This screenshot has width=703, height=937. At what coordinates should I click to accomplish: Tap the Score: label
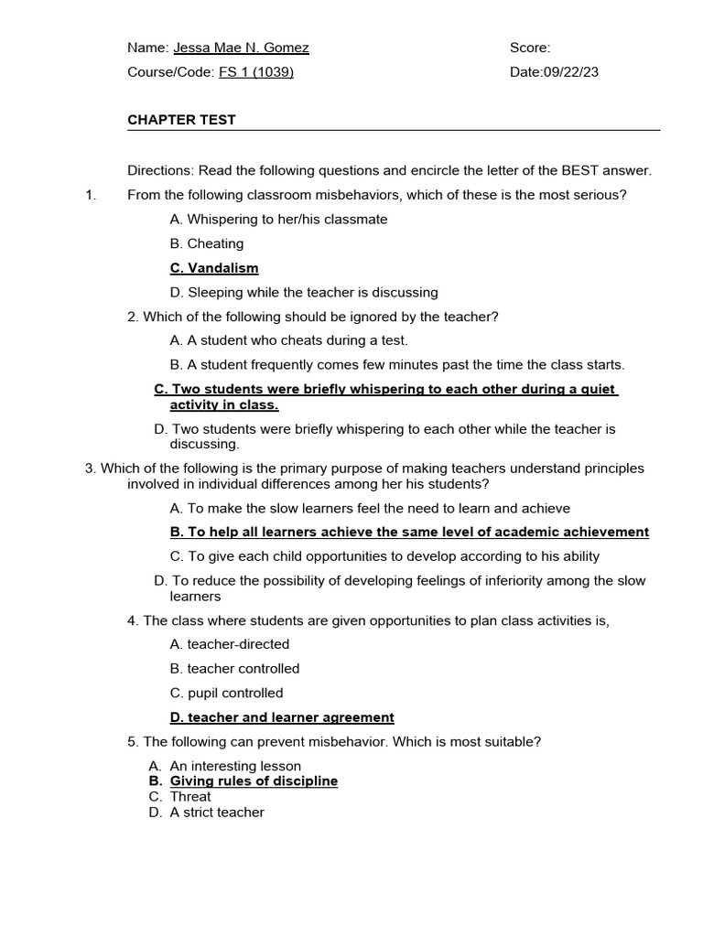point(530,48)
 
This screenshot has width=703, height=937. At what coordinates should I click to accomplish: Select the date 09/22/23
point(570,72)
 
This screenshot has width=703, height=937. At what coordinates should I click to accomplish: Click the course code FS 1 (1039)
point(256,72)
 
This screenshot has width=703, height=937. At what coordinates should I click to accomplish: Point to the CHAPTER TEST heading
point(181,120)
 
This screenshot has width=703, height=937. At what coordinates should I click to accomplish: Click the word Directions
point(156,170)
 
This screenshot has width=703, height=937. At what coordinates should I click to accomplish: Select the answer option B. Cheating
point(207,243)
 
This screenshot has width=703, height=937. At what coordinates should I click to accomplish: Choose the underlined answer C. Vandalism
point(214,268)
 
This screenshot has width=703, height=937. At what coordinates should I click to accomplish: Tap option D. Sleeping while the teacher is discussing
point(304,293)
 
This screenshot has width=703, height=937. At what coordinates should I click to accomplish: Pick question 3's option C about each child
point(384,556)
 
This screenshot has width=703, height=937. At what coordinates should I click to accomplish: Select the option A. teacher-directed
point(229,644)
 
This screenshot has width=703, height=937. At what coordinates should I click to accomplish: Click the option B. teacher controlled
point(234,669)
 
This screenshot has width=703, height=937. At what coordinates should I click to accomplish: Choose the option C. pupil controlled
point(226,693)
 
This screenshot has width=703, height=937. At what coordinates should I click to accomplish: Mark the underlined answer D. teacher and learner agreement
point(282,717)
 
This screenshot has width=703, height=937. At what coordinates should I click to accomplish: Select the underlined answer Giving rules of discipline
point(254,781)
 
